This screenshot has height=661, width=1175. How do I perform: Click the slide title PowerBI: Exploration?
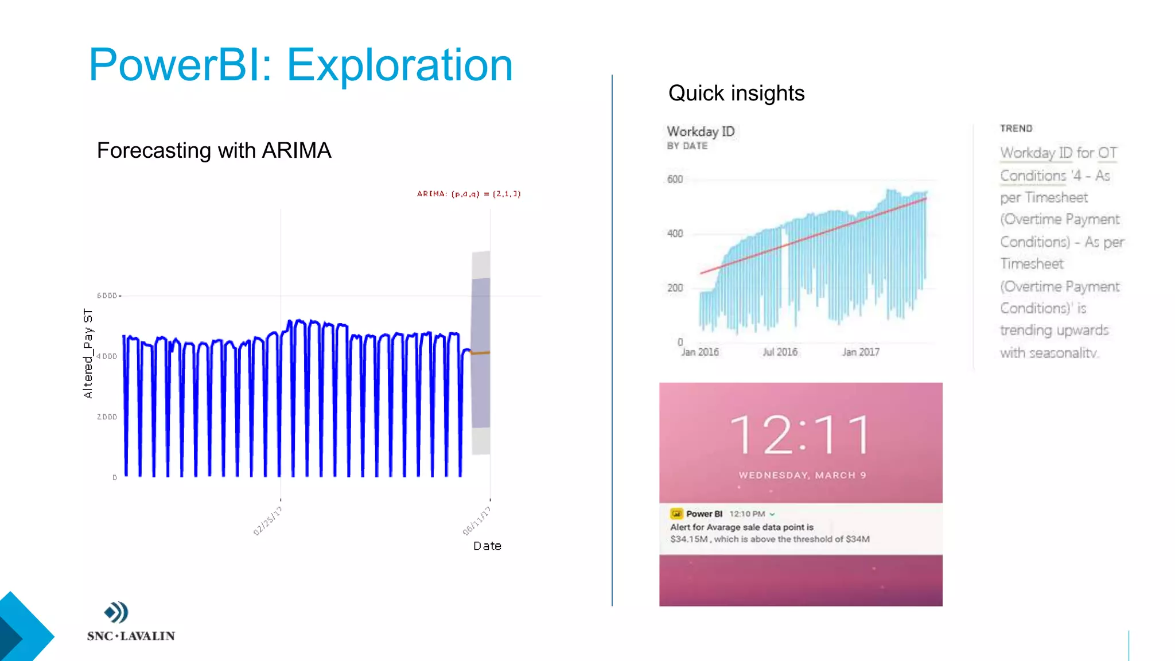coord(301,65)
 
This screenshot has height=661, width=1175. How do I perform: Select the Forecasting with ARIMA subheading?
coord(214,150)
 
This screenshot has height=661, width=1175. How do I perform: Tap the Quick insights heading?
coord(736,93)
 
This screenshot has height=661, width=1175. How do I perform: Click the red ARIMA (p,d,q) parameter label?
coord(469,194)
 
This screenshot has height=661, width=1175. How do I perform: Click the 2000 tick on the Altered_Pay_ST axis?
coord(107,417)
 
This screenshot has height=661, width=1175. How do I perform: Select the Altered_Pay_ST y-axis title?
coord(88,353)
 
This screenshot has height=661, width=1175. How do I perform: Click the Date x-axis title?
coord(487,546)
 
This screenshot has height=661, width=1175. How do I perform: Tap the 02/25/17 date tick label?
coord(267,520)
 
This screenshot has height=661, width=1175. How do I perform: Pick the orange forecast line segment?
coord(480,352)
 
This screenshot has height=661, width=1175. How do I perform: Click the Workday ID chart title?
coord(701,131)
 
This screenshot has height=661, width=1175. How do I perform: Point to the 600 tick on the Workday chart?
coord(675,179)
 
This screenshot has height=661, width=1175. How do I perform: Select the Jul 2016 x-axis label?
coord(780,352)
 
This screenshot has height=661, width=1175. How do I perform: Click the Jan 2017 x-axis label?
coord(861,352)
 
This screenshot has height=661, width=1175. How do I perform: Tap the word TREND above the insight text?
coord(1016,129)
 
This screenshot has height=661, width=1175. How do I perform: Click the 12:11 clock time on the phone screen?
coord(801,435)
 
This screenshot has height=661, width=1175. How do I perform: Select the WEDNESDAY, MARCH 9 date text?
coord(802,475)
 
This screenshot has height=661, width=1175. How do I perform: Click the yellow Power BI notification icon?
coord(676,514)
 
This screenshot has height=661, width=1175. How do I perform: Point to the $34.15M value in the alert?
coord(688,539)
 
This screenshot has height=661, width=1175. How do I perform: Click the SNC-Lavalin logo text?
coord(131,636)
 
